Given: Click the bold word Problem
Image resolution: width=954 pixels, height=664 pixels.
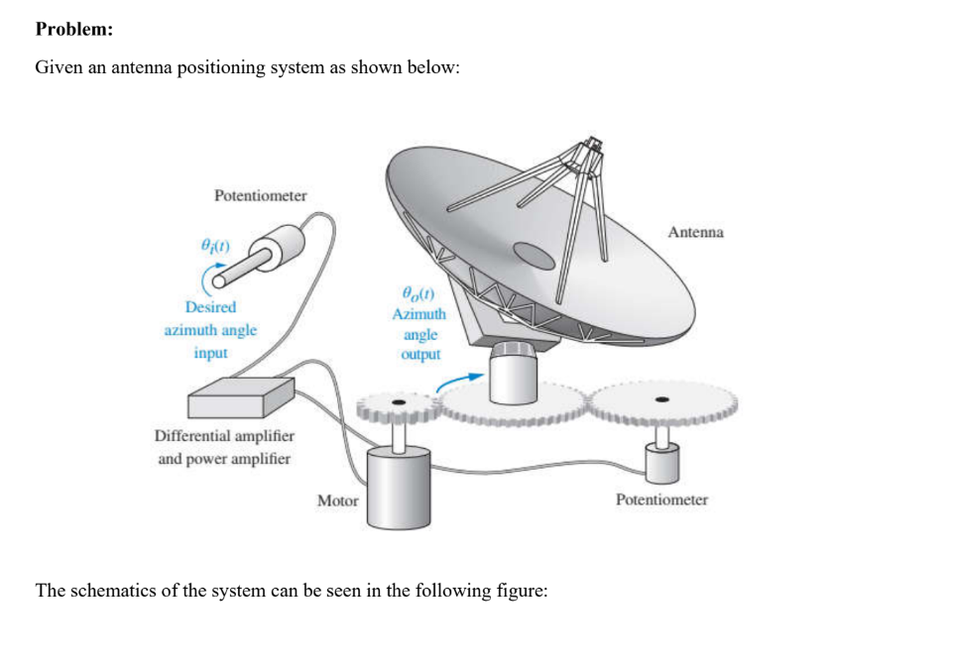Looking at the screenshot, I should pyautogui.click(x=73, y=29).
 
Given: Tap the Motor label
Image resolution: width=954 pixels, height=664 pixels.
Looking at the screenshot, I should pyautogui.click(x=337, y=500).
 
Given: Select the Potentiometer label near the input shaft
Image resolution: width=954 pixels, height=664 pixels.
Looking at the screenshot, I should pyautogui.click(x=260, y=195).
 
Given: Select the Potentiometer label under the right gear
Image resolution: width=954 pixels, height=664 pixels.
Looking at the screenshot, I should pyautogui.click(x=661, y=499).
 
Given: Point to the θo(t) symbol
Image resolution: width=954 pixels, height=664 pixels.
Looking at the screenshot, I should pyautogui.click(x=418, y=293).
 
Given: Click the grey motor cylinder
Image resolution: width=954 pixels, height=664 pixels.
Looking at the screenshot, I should pyautogui.click(x=397, y=487).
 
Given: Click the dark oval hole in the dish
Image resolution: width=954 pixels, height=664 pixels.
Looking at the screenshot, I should pyautogui.click(x=534, y=257).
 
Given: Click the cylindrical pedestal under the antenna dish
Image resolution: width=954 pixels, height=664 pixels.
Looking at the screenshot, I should pyautogui.click(x=515, y=375).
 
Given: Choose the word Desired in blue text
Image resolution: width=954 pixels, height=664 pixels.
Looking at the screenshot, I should pyautogui.click(x=210, y=307).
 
